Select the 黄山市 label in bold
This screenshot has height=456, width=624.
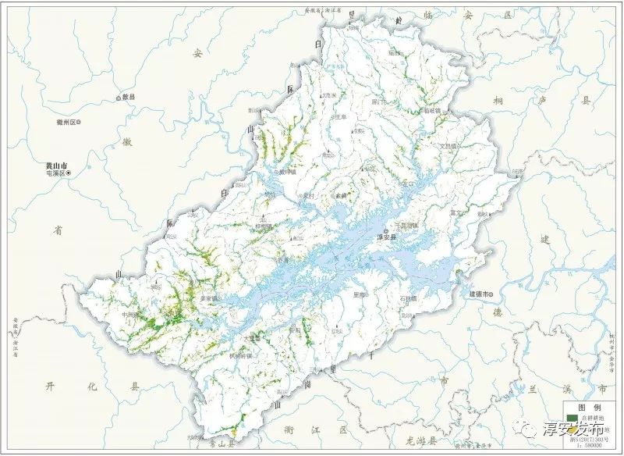pos(57,166)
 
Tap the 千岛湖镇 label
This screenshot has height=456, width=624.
pos(406,225)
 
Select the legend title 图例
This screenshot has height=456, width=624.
pos(590,408)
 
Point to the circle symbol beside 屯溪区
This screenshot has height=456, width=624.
pos(67,176)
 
